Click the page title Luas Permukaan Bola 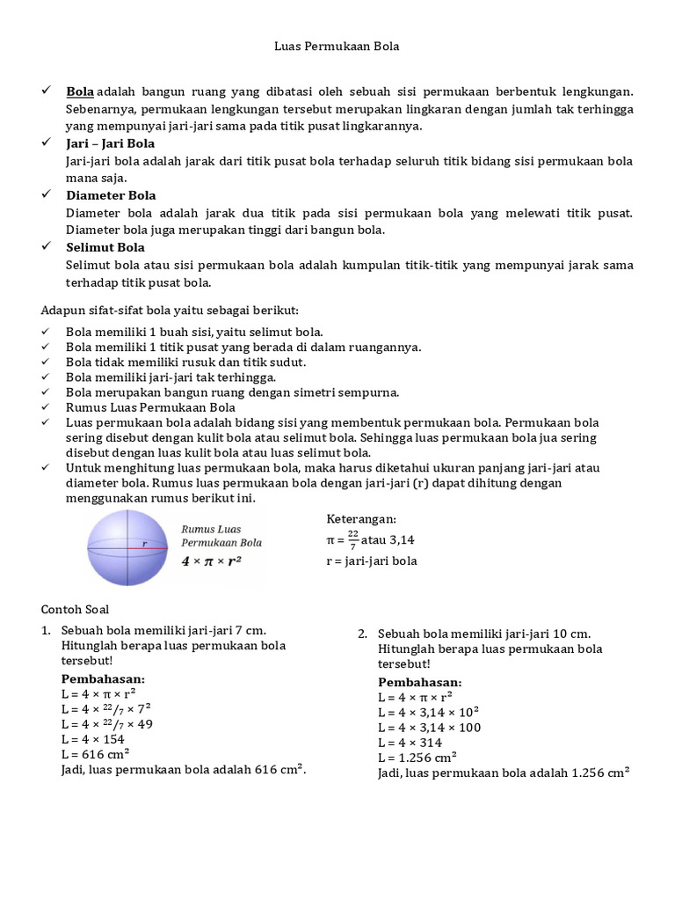(337, 46)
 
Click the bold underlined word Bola (80, 92)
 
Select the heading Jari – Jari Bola (111, 143)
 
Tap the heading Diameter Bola (111, 195)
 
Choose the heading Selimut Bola (105, 247)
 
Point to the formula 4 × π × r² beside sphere (212, 560)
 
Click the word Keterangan (362, 519)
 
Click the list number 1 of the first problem (46, 631)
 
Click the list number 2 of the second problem (362, 634)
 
